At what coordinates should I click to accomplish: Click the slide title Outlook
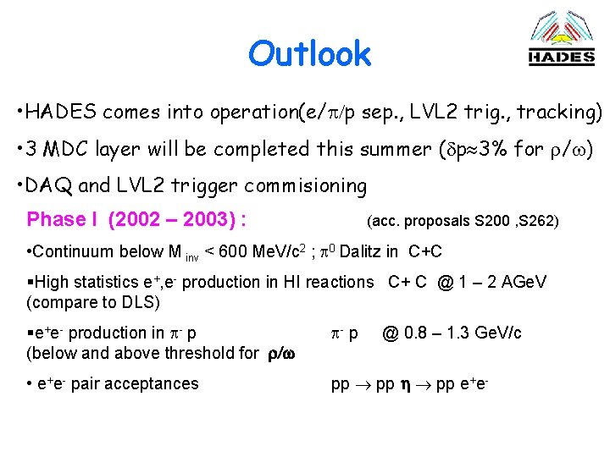point(309,54)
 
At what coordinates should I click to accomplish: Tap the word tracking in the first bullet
point(556,112)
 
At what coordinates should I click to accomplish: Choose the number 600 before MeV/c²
point(231,251)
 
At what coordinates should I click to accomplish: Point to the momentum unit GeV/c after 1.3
point(494,333)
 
